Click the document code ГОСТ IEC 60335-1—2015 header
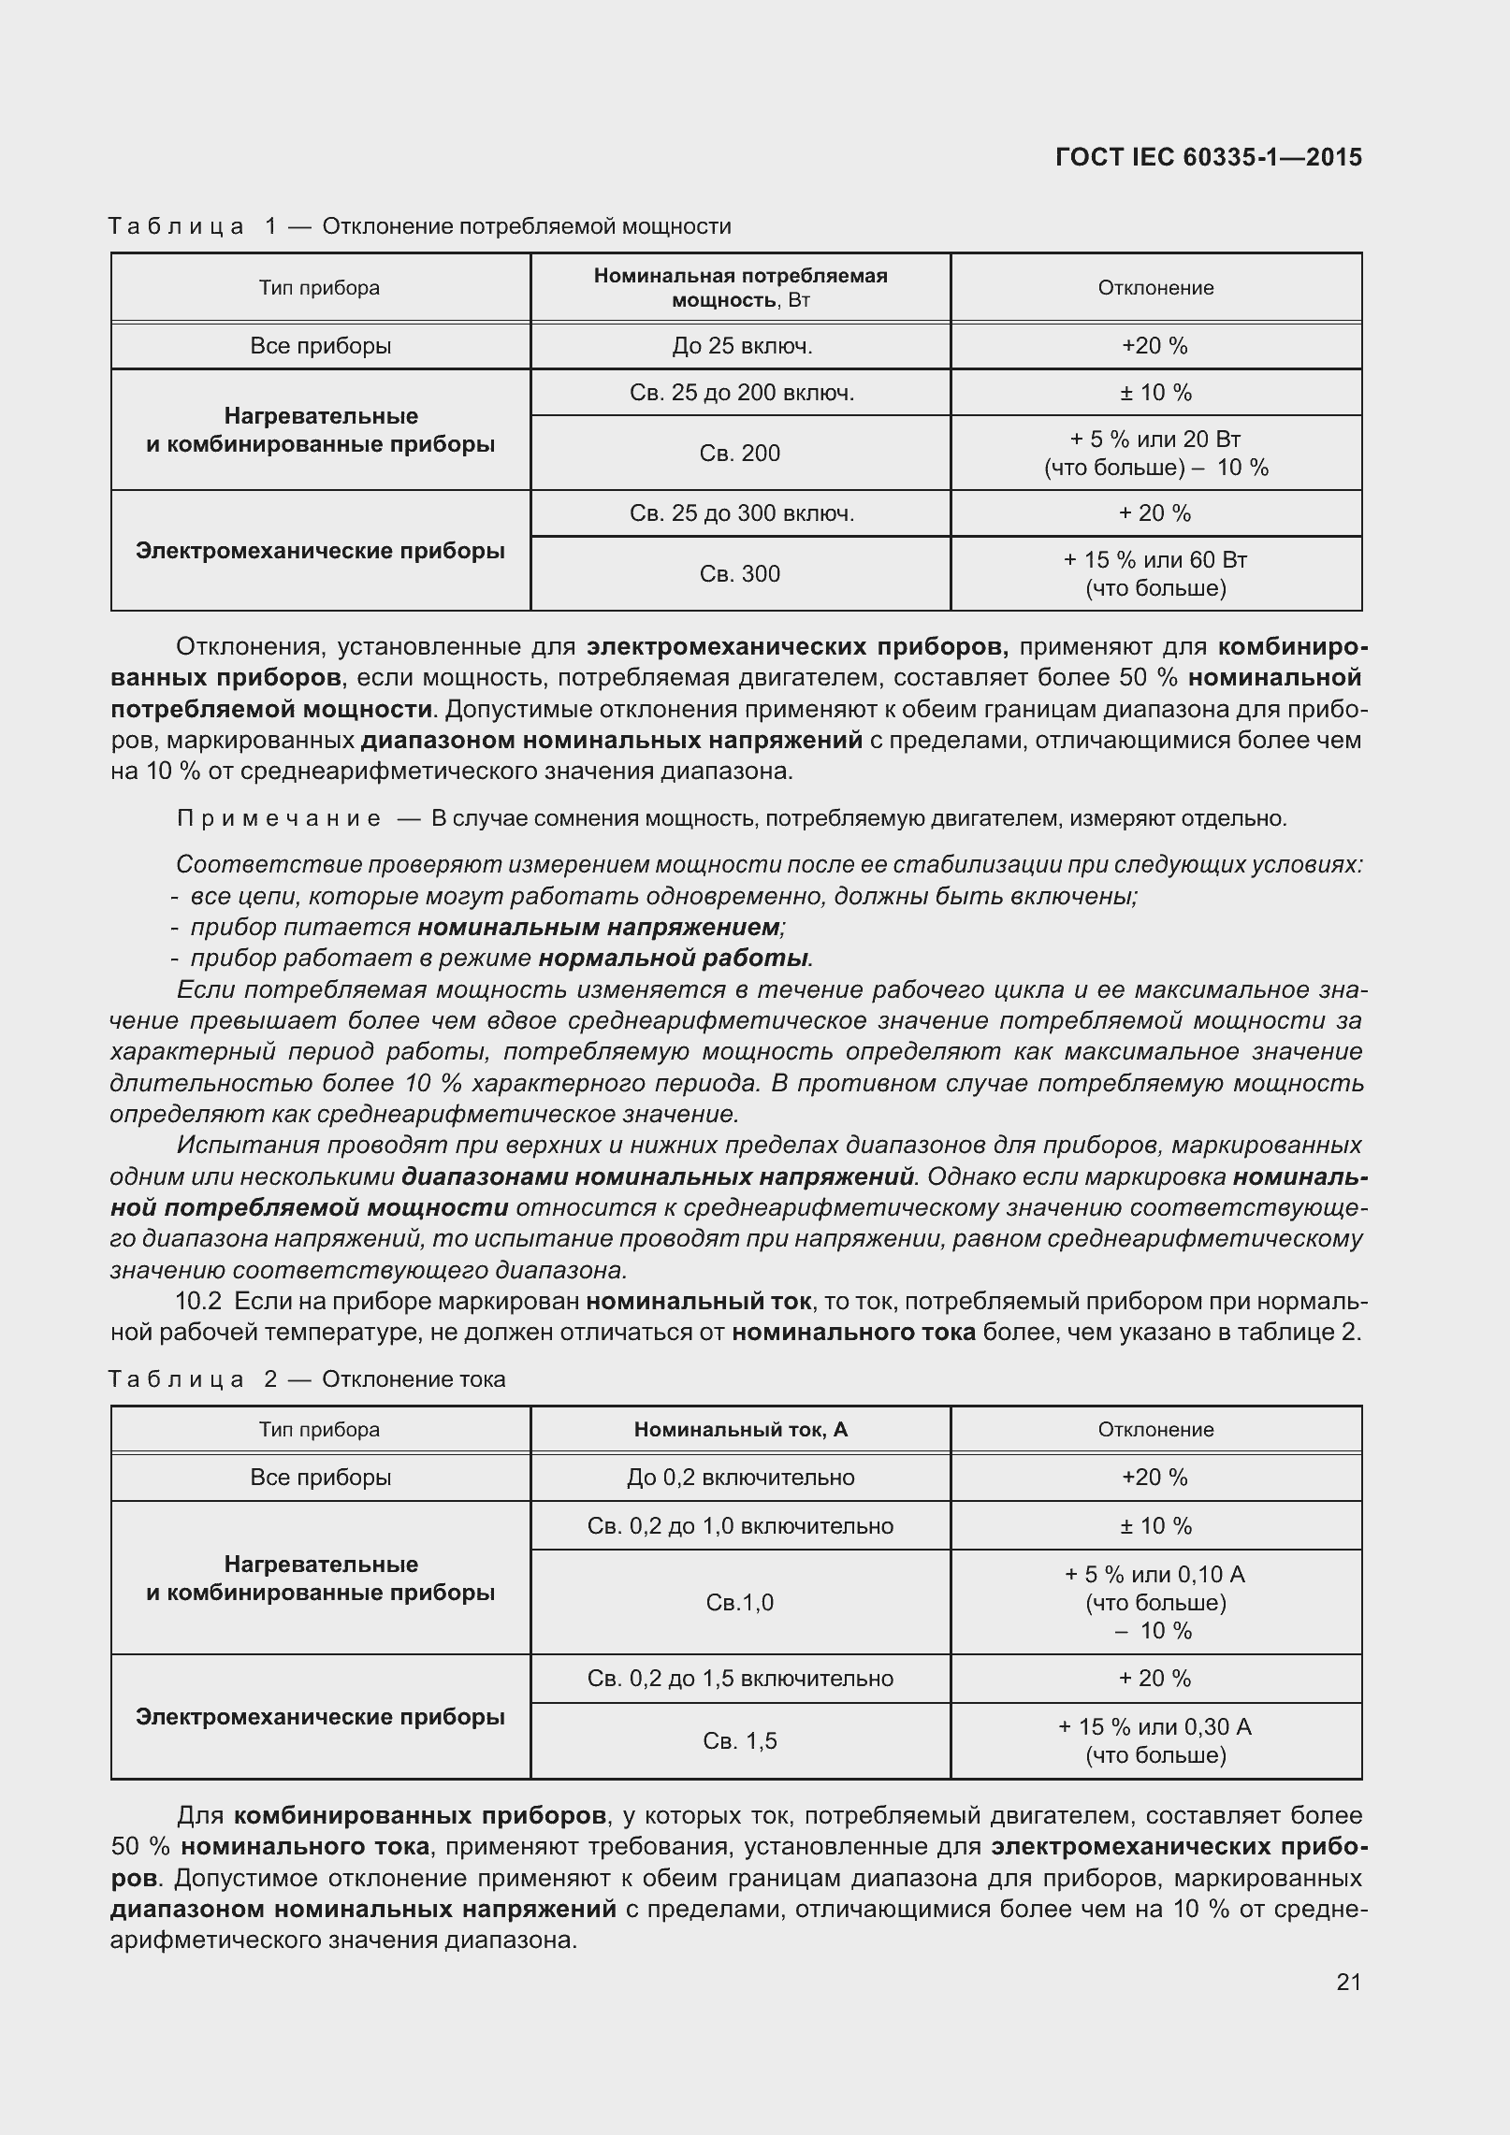click(1208, 157)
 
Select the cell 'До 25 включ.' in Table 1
click(741, 346)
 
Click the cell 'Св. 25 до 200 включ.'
click(741, 393)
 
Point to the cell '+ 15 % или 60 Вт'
click(1155, 560)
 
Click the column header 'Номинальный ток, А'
click(740, 1429)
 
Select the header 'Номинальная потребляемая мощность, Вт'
click(740, 287)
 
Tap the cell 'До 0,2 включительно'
click(740, 1477)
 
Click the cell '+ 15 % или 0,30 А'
click(1155, 1726)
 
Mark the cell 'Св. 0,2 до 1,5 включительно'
click(740, 1678)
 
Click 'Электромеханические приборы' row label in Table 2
click(320, 1716)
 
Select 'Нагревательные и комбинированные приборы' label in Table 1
click(320, 429)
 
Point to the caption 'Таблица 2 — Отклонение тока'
click(307, 1379)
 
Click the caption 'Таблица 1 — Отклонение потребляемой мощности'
click(419, 226)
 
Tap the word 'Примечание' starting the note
click(279, 818)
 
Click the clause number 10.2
click(198, 1301)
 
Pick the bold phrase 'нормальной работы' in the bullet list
click(675, 958)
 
